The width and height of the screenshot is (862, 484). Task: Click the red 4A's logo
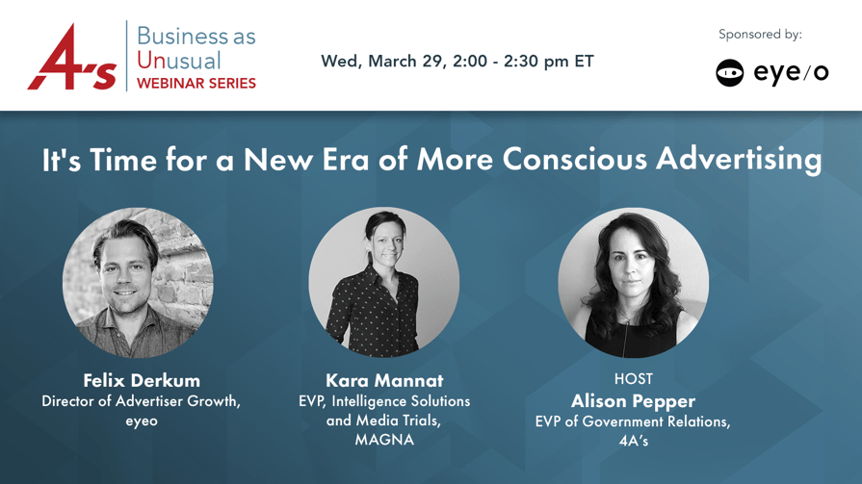click(72, 57)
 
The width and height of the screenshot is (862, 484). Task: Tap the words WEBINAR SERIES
click(196, 84)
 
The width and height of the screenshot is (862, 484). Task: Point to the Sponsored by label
click(760, 35)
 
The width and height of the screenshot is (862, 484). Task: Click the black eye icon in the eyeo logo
click(729, 72)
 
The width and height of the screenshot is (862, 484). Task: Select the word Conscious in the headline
click(574, 160)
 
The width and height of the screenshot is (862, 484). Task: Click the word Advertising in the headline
click(739, 160)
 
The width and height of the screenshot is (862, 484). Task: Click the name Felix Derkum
click(142, 380)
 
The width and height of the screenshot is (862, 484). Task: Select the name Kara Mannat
click(384, 380)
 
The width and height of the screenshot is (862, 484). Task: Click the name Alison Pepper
click(634, 401)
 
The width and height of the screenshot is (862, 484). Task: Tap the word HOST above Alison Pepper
click(634, 379)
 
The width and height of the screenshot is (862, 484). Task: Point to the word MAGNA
click(384, 440)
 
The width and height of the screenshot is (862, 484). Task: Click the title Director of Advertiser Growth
click(142, 401)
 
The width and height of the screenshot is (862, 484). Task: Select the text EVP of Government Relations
click(633, 421)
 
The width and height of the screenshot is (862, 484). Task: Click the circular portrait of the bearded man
click(138, 282)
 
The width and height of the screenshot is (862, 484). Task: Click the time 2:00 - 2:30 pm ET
click(523, 61)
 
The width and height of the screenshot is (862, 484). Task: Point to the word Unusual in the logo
click(179, 61)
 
